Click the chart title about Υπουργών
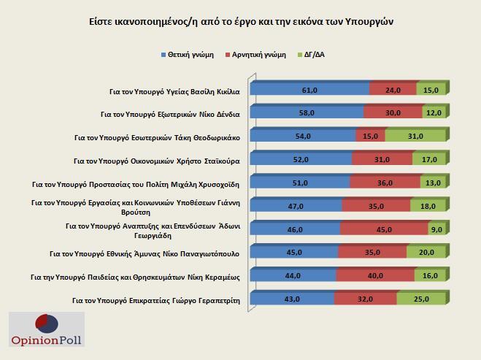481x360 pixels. (x=240, y=21)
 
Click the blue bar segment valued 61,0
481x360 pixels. (x=309, y=90)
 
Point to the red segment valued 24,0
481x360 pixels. (x=393, y=90)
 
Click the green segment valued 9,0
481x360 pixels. (x=436, y=229)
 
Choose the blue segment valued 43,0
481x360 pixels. (x=292, y=299)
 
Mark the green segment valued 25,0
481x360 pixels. (x=420, y=299)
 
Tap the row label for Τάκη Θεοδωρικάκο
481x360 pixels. (x=158, y=137)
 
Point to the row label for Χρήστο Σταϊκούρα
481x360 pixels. (x=158, y=160)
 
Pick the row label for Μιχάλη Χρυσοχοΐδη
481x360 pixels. (x=138, y=183)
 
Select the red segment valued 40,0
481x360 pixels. (x=375, y=275)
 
